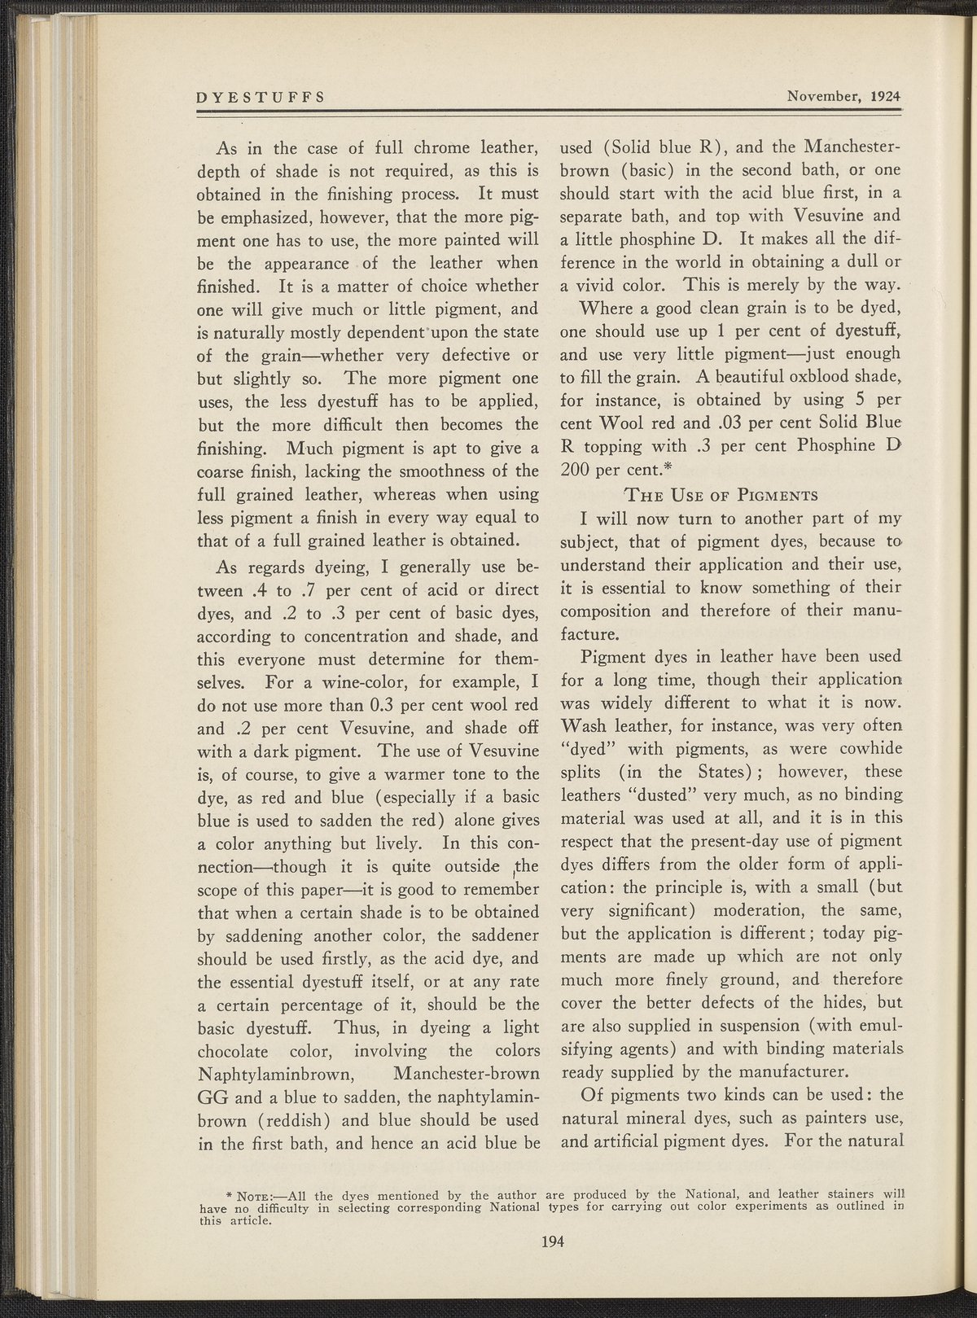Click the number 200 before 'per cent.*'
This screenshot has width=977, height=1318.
pos(576,470)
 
